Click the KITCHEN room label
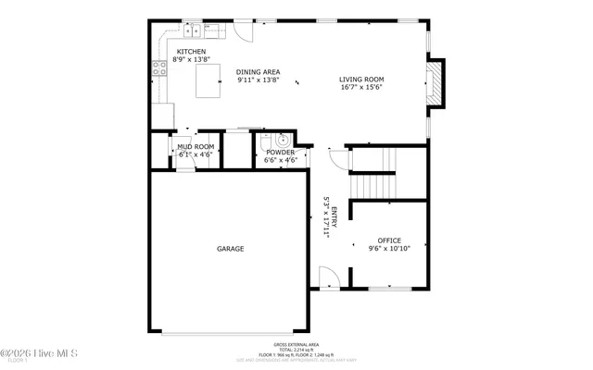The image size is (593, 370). click(x=191, y=52)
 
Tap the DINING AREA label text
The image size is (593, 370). click(x=258, y=71)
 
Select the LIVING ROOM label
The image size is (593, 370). click(x=360, y=80)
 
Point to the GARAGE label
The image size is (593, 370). click(x=231, y=248)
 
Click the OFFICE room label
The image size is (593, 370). click(x=388, y=240)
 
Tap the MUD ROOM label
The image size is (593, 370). click(x=196, y=147)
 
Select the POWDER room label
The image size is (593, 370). click(x=280, y=153)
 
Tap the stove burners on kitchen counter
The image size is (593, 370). click(x=157, y=66)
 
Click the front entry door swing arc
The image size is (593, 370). click(x=329, y=277)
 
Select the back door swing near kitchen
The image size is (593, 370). click(x=242, y=31)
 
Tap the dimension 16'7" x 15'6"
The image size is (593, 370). click(x=360, y=88)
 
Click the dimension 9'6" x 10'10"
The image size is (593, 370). click(x=388, y=249)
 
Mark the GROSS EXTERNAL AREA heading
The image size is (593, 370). click(x=296, y=342)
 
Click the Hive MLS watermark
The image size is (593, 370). click(x=39, y=352)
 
